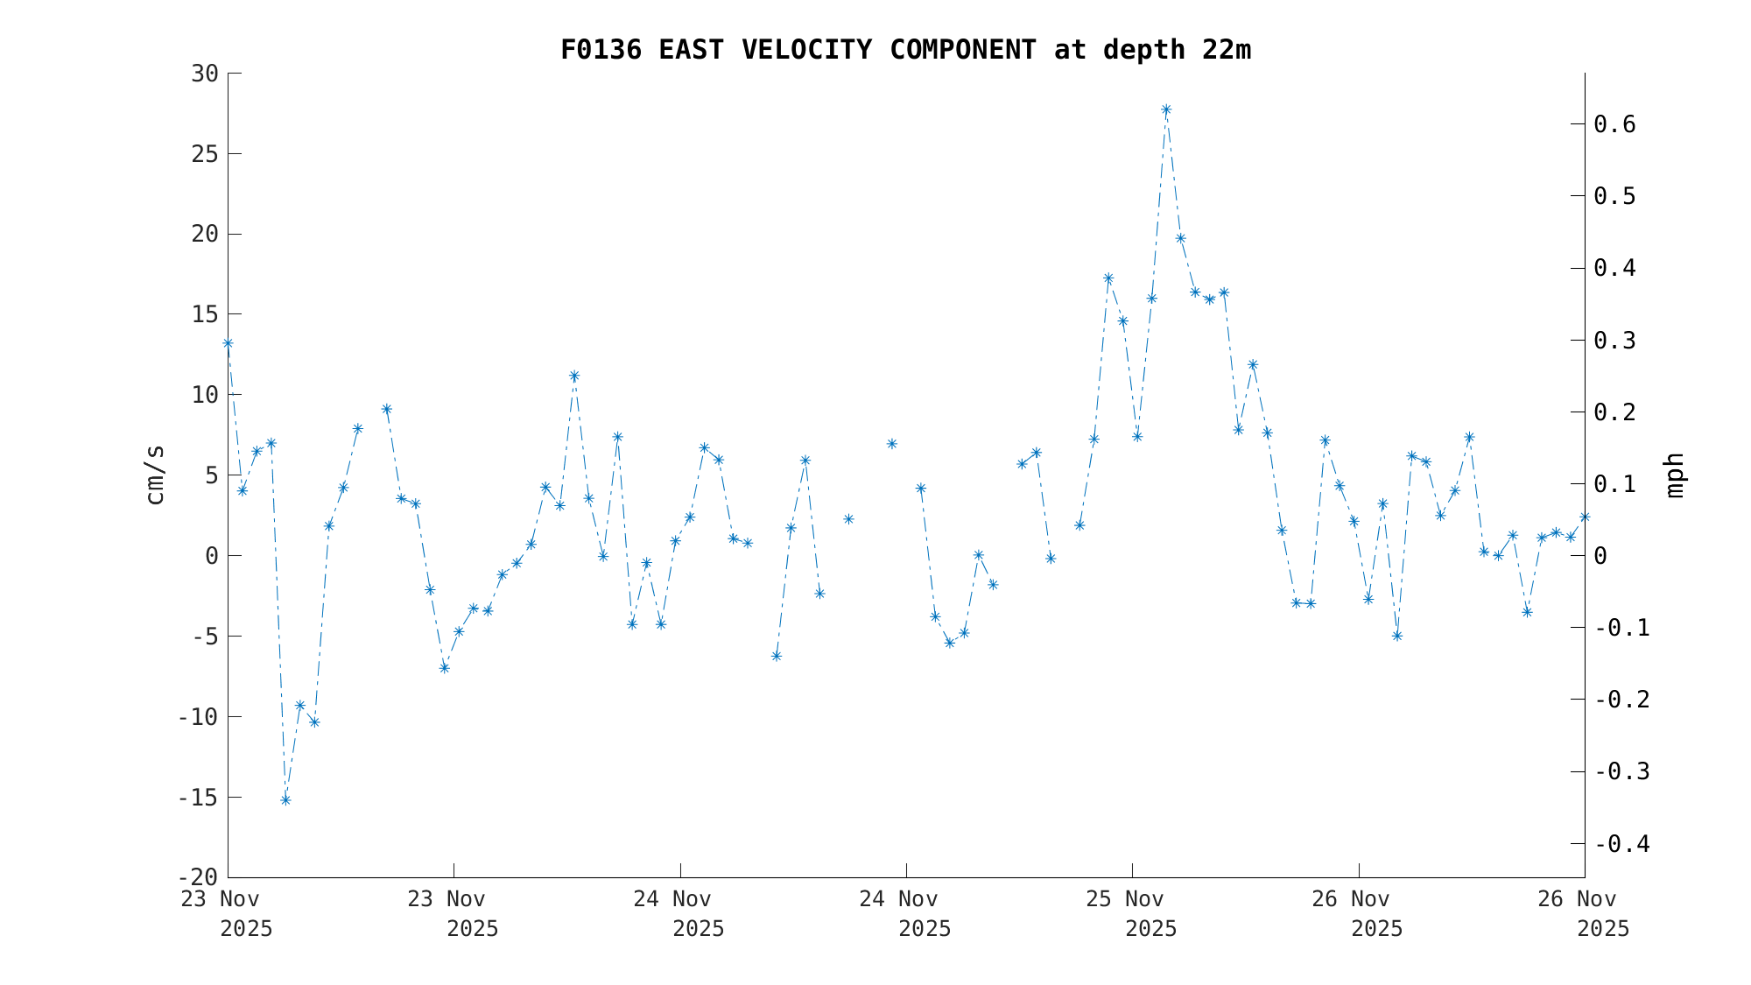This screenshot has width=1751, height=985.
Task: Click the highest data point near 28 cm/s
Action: point(1166,109)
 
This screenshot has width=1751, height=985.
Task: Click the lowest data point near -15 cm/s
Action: point(285,800)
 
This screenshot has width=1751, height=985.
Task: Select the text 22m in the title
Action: point(1227,51)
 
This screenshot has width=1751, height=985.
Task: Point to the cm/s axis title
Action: point(155,475)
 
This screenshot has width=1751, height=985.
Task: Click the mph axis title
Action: point(1674,475)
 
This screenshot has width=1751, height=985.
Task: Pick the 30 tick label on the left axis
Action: point(205,74)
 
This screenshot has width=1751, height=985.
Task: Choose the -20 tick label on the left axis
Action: point(198,877)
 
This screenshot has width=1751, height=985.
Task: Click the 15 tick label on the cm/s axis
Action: point(205,314)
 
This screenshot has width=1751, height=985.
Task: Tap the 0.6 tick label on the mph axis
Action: point(1614,124)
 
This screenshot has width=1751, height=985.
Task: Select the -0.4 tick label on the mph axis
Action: point(1621,844)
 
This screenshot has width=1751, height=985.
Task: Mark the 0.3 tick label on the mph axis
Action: point(1614,341)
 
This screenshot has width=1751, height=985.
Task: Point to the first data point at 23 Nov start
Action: point(228,343)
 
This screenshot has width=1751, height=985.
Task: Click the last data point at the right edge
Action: point(1585,517)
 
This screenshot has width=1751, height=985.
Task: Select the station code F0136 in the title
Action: point(601,51)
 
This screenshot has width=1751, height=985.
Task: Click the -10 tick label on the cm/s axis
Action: point(198,717)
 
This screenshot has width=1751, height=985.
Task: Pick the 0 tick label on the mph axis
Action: point(1600,556)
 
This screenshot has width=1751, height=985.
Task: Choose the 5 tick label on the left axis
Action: point(211,475)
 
